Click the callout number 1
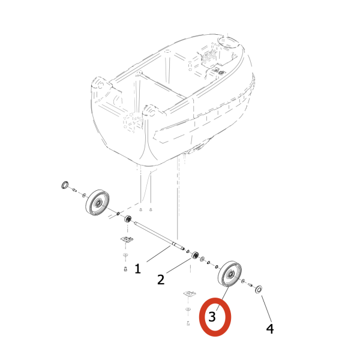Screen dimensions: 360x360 (x=137, y=269)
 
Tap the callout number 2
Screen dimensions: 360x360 (x=161, y=279)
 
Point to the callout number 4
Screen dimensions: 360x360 (x=270, y=328)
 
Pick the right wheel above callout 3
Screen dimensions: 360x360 (x=230, y=275)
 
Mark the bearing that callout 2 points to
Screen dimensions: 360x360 (x=194, y=256)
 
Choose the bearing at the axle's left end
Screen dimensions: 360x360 (x=127, y=220)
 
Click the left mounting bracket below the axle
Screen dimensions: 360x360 (x=126, y=240)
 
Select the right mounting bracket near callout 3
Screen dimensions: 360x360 (x=190, y=293)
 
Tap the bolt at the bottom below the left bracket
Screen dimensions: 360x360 (x=125, y=268)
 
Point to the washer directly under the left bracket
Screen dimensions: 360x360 (x=125, y=256)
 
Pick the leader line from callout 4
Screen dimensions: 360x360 (x=265, y=307)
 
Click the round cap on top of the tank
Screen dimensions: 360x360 (x=229, y=43)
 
